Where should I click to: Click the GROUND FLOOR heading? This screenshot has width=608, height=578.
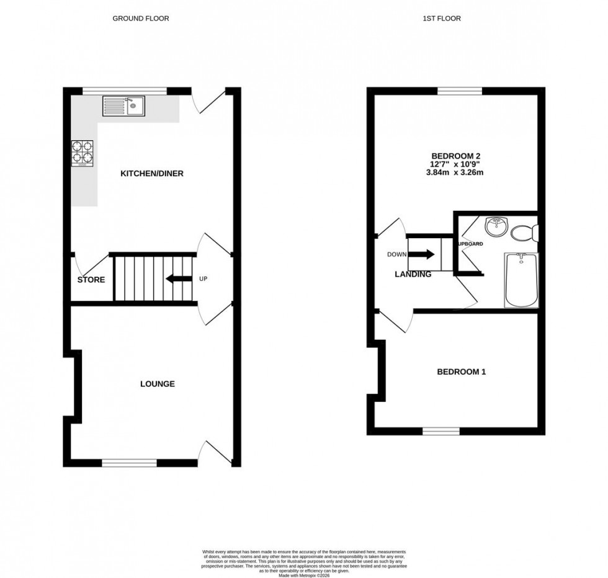click(x=140, y=19)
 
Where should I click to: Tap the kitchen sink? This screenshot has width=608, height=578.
click(x=124, y=106)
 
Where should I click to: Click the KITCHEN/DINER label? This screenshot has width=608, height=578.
click(x=151, y=174)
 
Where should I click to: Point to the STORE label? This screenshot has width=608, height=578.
click(x=91, y=280)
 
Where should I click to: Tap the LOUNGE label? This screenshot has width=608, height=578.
click(x=157, y=384)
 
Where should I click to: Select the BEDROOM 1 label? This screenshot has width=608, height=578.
click(x=461, y=372)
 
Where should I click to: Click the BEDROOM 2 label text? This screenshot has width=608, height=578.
click(x=457, y=156)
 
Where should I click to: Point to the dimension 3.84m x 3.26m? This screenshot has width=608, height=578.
click(x=457, y=172)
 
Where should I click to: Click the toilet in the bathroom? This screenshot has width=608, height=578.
click(x=524, y=233)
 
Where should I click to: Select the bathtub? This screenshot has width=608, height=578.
click(x=522, y=280)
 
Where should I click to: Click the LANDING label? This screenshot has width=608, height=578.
click(x=413, y=274)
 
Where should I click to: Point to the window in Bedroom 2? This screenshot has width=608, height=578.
click(x=460, y=91)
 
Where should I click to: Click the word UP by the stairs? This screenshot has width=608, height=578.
click(x=203, y=278)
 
